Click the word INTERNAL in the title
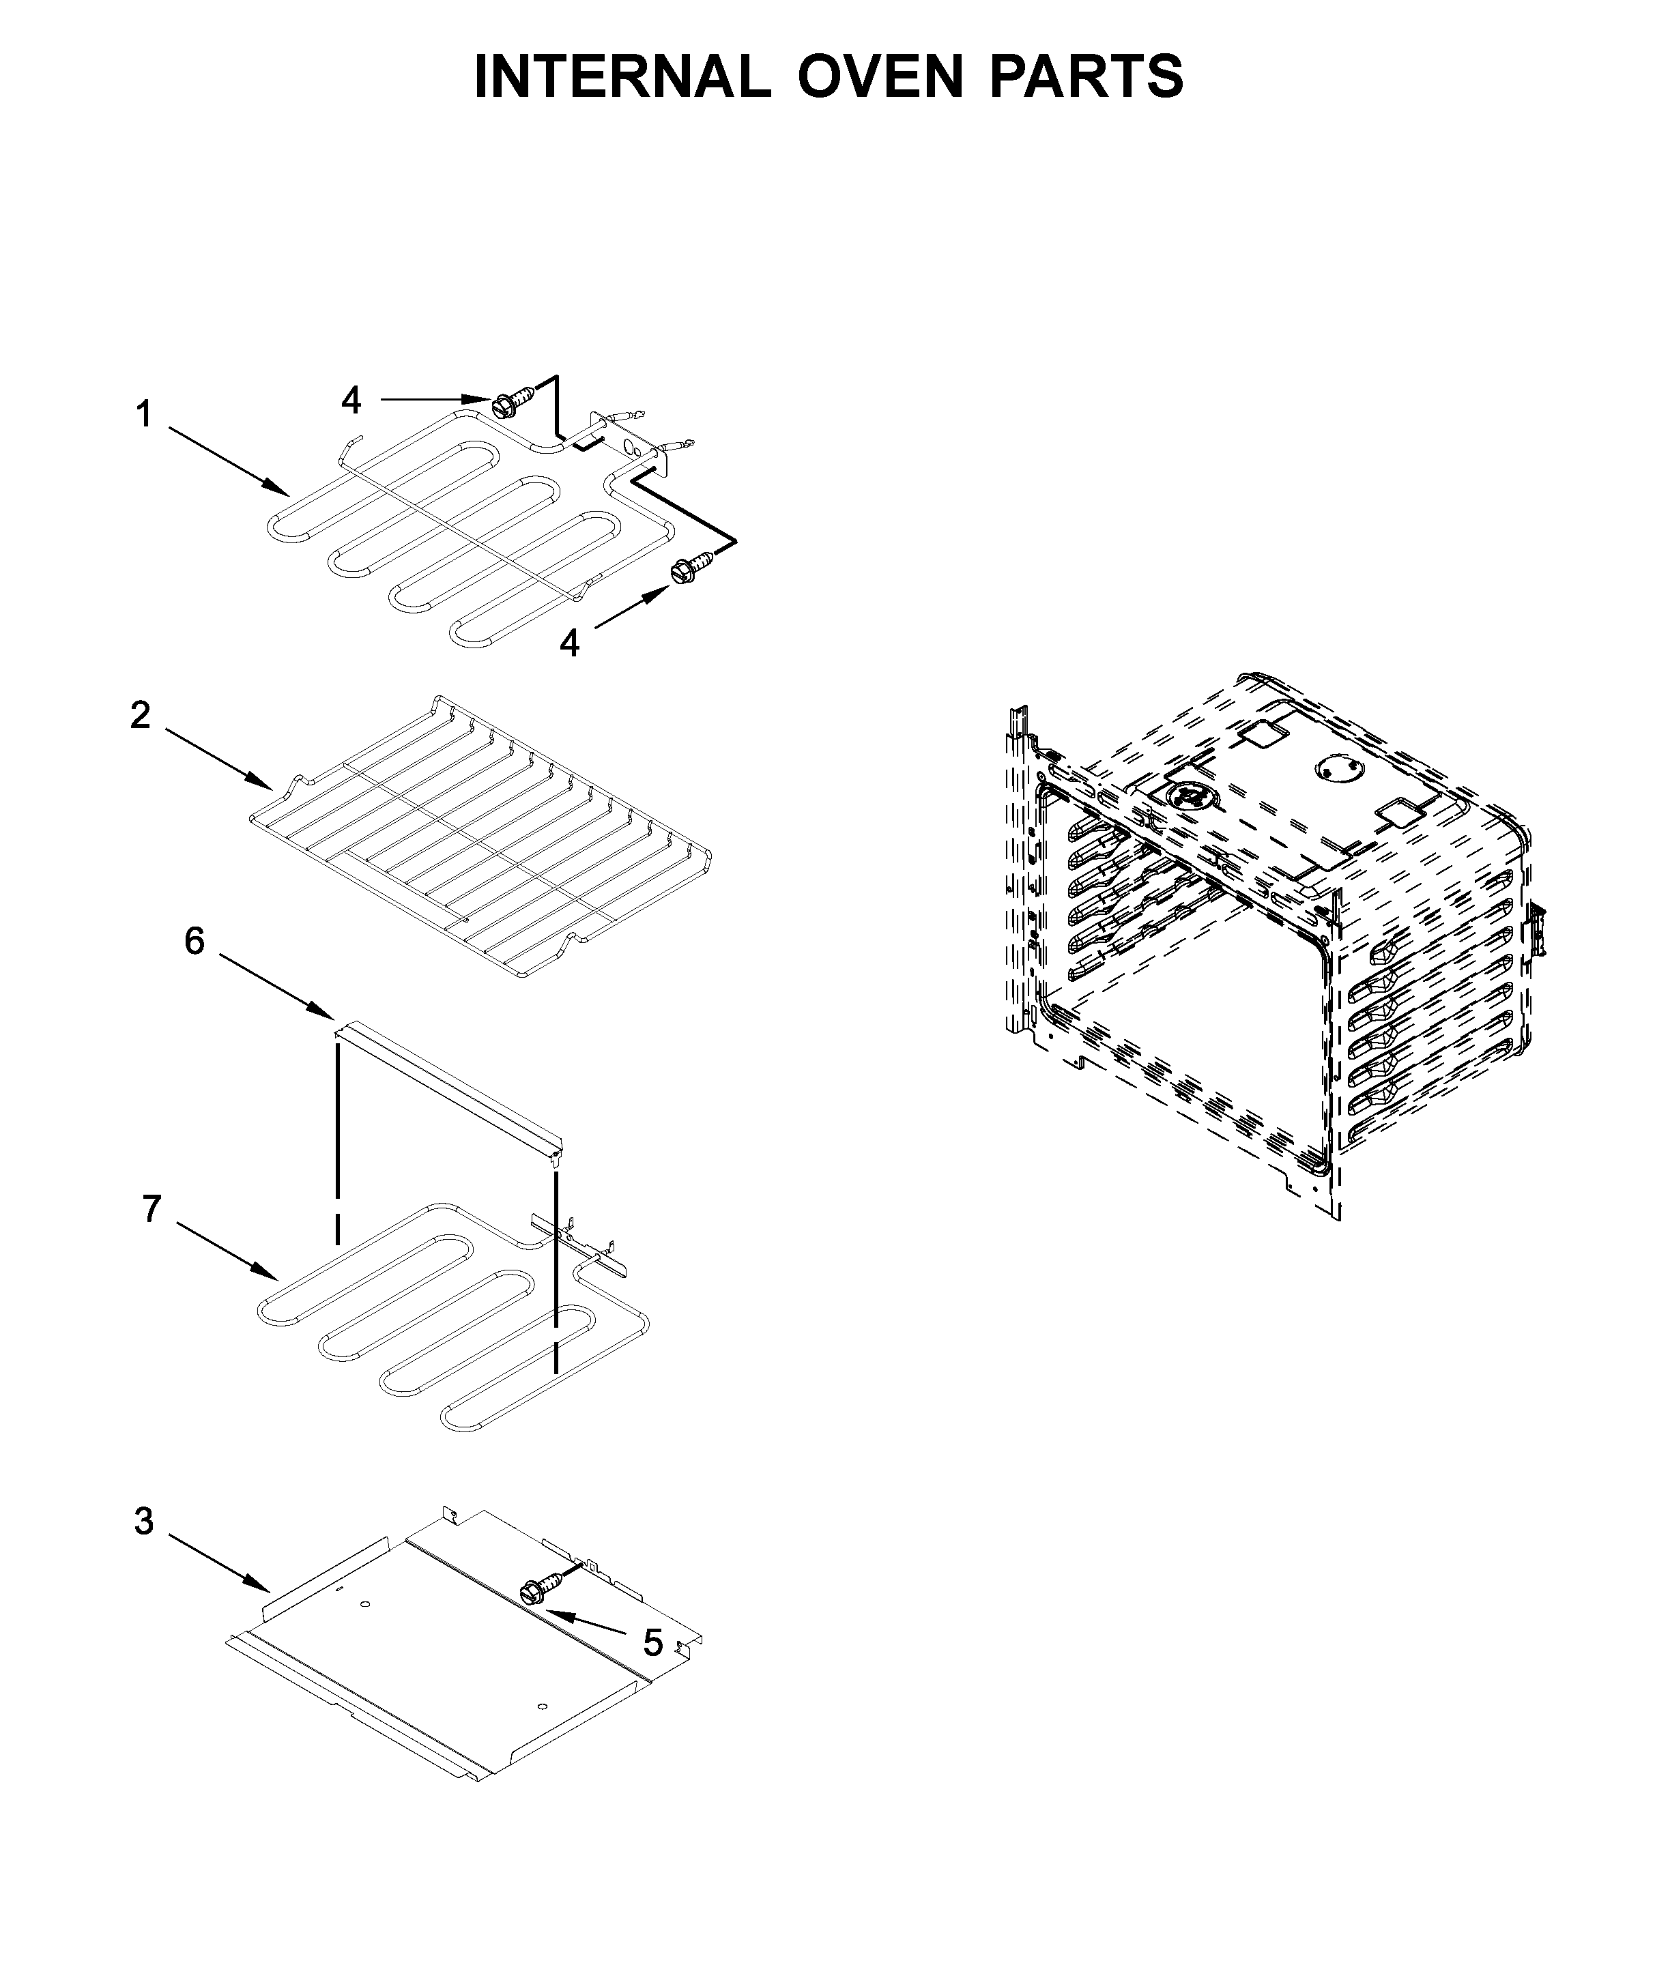click(x=622, y=77)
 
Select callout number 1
click(x=143, y=414)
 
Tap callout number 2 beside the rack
click(x=139, y=716)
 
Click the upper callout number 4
click(x=350, y=401)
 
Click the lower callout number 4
click(x=569, y=643)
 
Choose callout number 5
click(x=652, y=1643)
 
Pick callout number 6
click(x=194, y=940)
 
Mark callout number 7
click(x=152, y=1208)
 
